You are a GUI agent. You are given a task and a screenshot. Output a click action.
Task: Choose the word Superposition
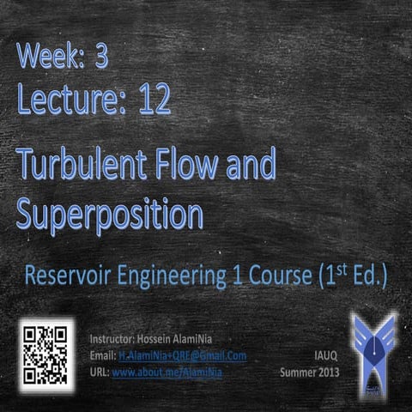(109, 212)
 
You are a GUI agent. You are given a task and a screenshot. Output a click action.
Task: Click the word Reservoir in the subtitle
(68, 276)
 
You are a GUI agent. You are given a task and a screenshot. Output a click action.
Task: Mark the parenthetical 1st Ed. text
(350, 276)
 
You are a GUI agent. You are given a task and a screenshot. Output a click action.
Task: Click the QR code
(45, 354)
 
